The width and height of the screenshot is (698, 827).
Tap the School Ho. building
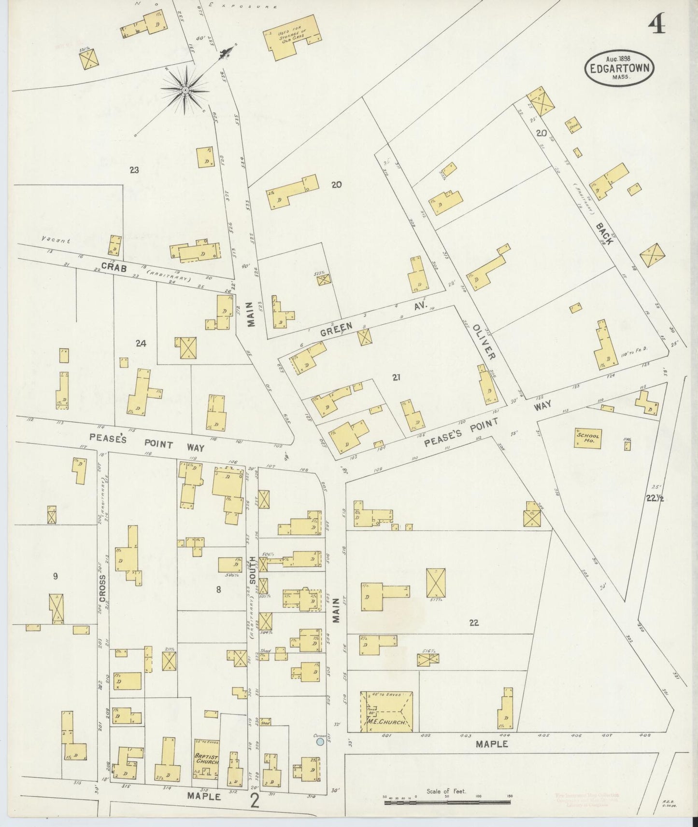[x=588, y=438]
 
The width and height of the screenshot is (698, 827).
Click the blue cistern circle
[x=319, y=741]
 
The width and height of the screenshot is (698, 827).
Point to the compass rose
[x=185, y=90]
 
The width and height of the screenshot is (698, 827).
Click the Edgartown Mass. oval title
[x=619, y=69]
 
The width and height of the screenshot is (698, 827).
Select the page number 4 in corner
[x=657, y=25]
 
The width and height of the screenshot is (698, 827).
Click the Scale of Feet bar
[x=447, y=802]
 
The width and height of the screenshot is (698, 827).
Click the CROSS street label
[x=102, y=588]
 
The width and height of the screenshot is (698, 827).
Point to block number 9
[x=56, y=575]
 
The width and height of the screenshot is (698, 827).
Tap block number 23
[x=134, y=170]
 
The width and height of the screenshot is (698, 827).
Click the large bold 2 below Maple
[x=254, y=801]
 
